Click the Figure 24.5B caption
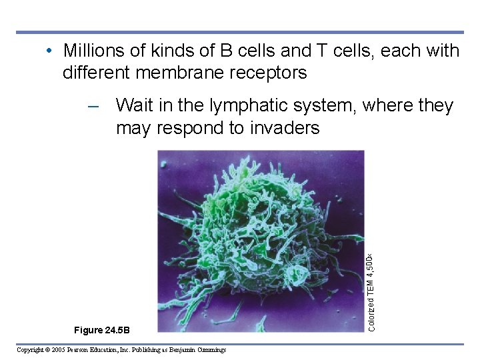tap(103, 330)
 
